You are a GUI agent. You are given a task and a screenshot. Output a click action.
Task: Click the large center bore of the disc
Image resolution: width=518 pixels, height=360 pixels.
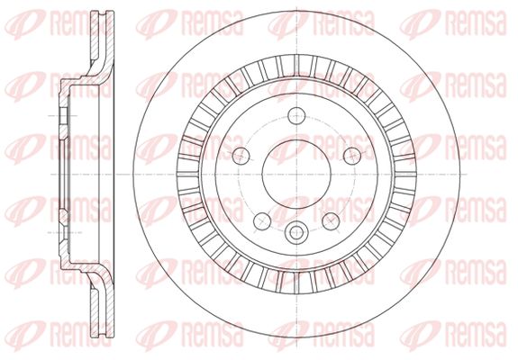click(296, 175)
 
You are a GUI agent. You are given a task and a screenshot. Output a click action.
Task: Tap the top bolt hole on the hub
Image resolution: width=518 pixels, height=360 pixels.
click(296, 115)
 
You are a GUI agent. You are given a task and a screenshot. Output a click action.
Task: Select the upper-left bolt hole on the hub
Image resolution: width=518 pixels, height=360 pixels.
click(241, 156)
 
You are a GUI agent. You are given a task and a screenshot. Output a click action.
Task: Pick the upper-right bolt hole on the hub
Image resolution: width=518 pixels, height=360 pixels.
click(352, 156)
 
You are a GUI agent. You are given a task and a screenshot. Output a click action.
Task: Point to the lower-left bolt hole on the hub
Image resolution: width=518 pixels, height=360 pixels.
click(262, 221)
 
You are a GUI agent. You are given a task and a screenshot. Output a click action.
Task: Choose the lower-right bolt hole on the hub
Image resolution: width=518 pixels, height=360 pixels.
click(331, 221)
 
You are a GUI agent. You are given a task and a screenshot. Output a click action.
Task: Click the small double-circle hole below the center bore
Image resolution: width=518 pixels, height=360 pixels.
click(296, 232)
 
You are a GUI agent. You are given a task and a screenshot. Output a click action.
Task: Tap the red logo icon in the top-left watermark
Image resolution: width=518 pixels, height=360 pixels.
click(25, 23)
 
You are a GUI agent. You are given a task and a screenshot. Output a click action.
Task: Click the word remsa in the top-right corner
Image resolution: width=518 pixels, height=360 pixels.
click(476, 23)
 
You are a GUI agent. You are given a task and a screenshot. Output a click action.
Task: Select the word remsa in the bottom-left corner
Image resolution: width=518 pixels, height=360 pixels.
click(81, 334)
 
